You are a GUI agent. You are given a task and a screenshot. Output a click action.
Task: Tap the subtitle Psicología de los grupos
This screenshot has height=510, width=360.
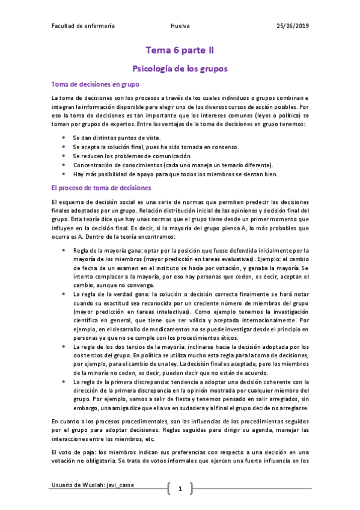coord(180,69)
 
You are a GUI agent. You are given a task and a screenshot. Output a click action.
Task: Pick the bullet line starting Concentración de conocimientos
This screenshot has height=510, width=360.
coord(173,165)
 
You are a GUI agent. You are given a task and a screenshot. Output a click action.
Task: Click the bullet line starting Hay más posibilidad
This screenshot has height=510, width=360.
coord(184,174)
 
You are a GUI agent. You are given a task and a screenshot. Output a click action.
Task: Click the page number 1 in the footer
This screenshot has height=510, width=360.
coord(180,488)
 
